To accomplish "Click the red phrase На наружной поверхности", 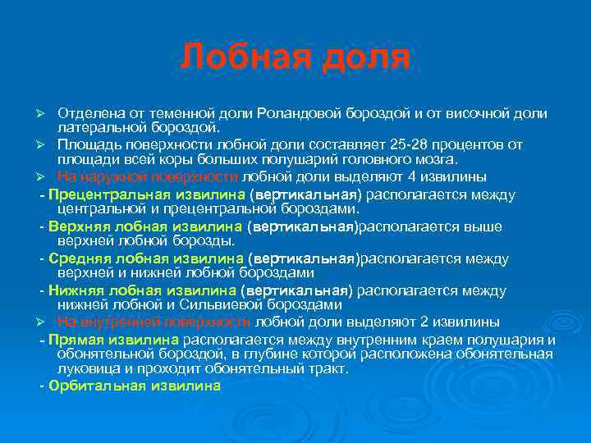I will click(x=148, y=176).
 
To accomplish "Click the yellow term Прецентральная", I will click(x=108, y=194).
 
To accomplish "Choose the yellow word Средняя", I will click(x=80, y=258).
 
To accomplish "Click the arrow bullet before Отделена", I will click(x=48, y=112).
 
